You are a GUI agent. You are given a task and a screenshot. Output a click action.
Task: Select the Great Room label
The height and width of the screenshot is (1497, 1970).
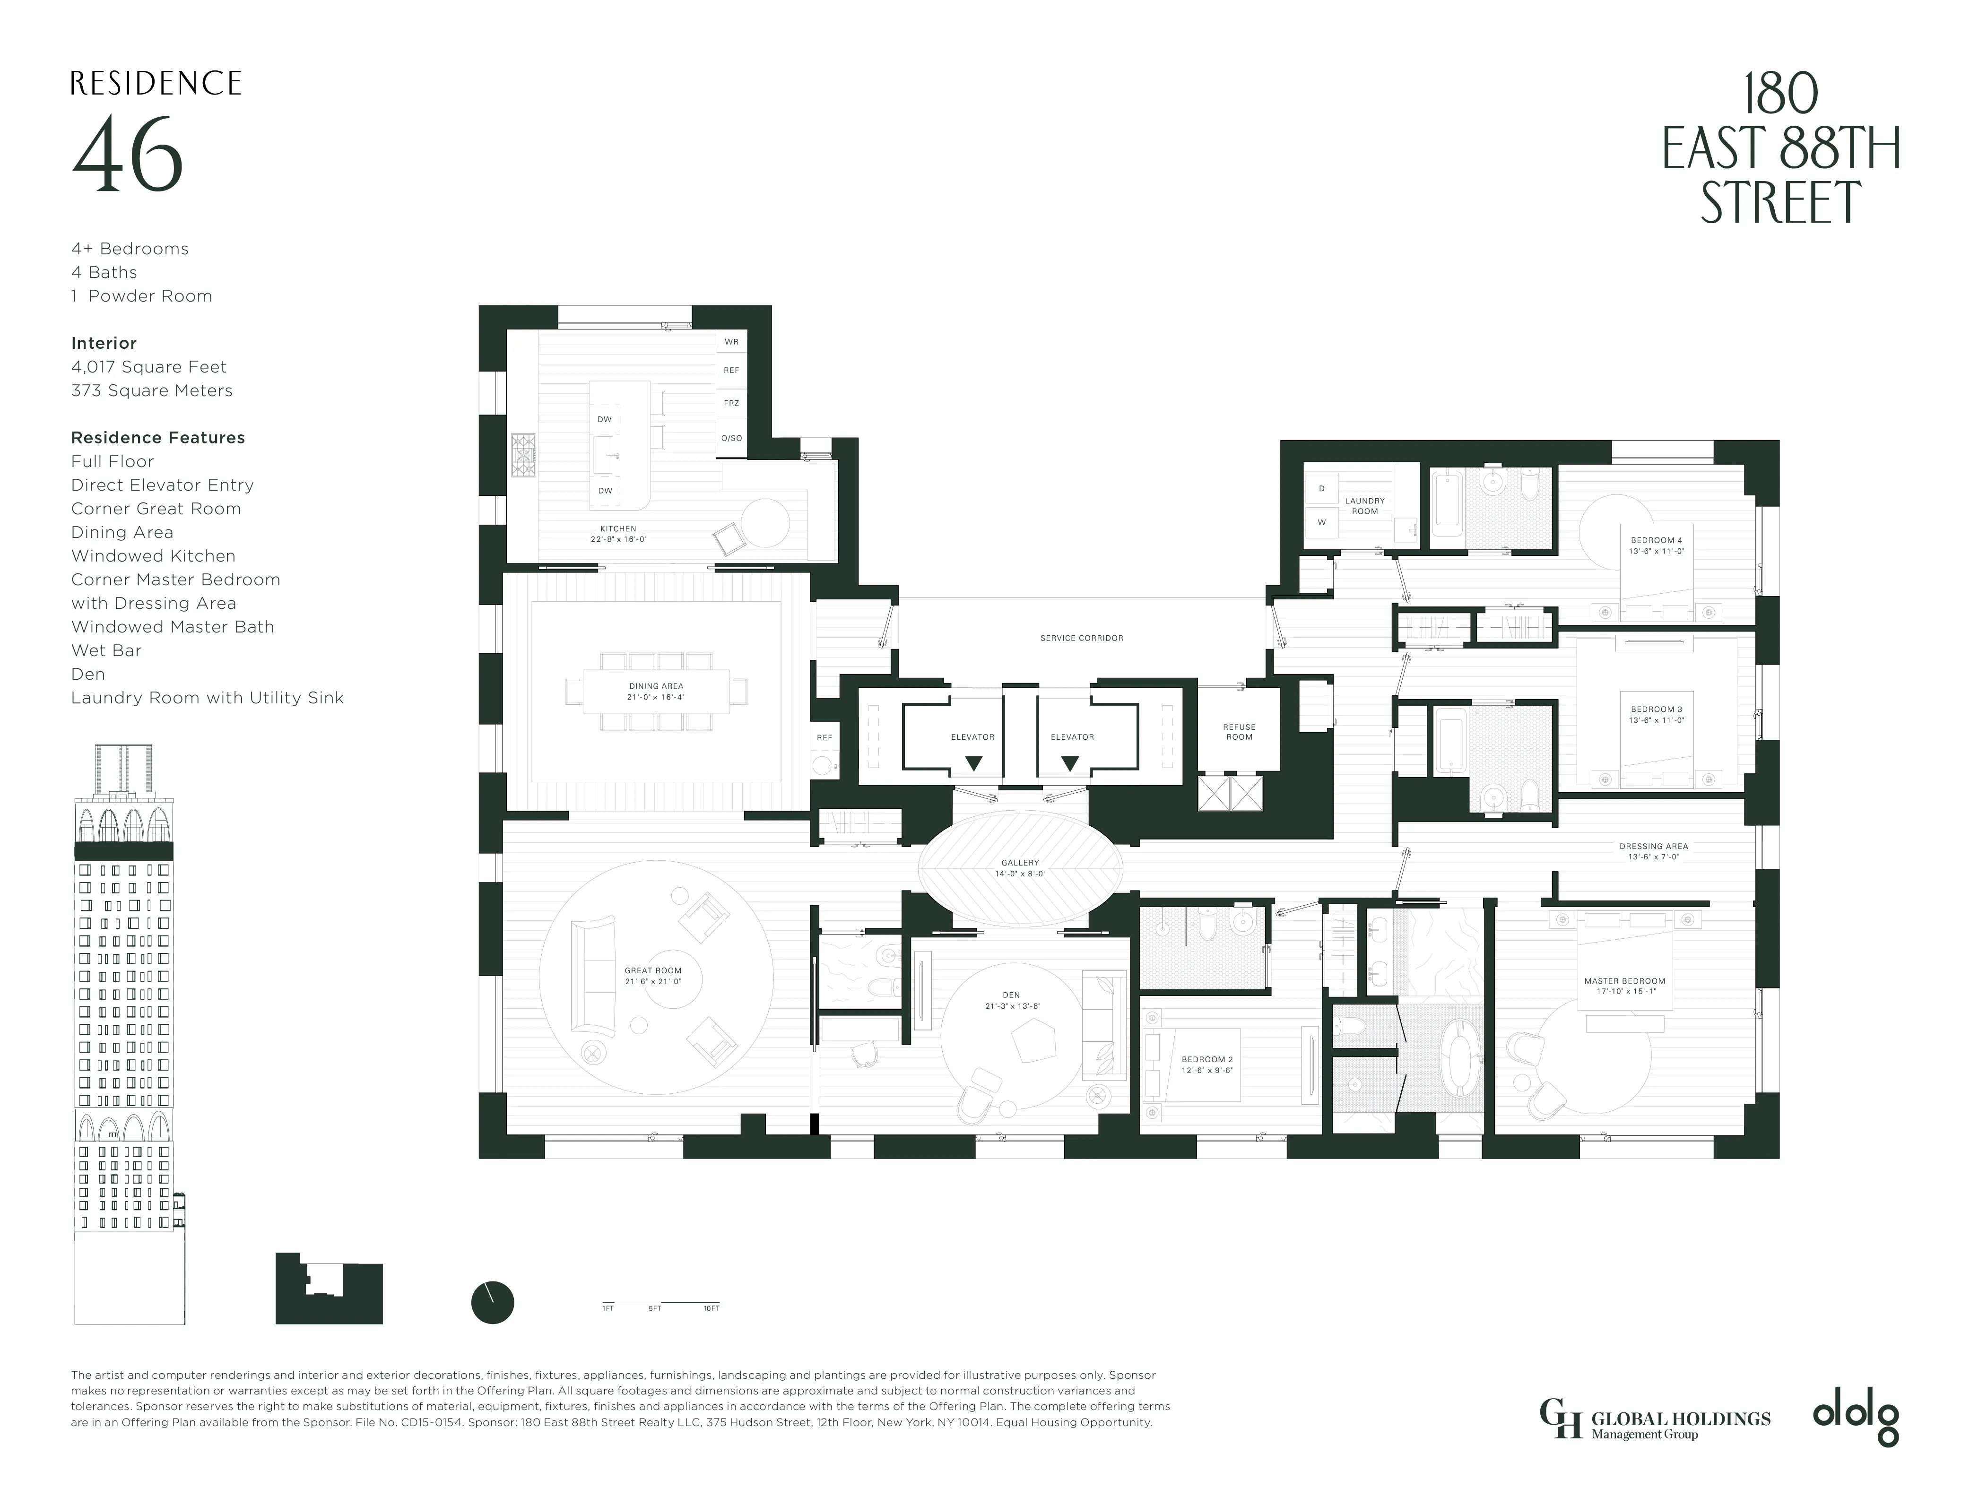click(x=652, y=976)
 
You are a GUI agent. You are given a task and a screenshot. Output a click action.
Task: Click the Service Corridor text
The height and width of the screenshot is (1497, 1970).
click(x=1081, y=638)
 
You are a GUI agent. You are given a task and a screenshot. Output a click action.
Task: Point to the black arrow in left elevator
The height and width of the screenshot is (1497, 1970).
click(x=974, y=763)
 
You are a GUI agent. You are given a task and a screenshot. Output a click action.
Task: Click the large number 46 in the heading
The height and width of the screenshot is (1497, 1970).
click(x=128, y=154)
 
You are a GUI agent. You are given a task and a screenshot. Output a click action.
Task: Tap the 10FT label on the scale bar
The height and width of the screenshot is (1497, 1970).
click(x=711, y=1308)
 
